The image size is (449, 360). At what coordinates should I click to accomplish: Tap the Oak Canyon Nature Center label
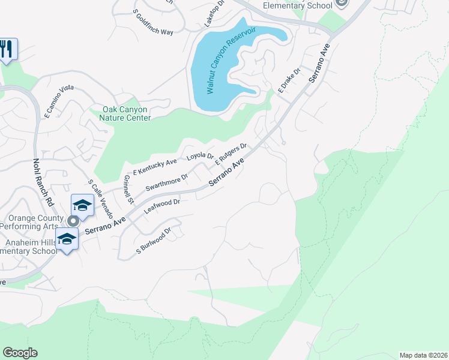tap(126, 114)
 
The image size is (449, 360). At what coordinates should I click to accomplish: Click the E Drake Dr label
tap(289, 81)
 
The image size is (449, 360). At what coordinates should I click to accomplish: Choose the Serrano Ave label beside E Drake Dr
tap(320, 64)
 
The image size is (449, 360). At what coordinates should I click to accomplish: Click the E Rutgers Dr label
tap(231, 155)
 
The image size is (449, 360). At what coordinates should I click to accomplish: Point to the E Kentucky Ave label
tap(155, 167)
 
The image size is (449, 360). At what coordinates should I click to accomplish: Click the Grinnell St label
tap(127, 188)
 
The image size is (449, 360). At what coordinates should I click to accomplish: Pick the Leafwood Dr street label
tap(162, 207)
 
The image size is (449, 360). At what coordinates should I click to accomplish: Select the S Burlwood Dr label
tap(154, 240)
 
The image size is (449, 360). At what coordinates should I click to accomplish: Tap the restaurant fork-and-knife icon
tap(7, 48)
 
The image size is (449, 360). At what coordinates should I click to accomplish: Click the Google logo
tap(20, 353)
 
